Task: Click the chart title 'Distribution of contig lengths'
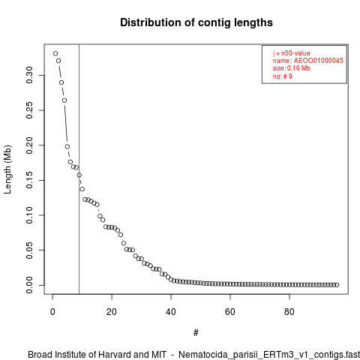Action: (196, 22)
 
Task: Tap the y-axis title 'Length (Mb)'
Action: (7, 169)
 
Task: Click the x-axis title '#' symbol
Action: (196, 333)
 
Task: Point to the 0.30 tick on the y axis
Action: (29, 75)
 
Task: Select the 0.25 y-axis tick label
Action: (29, 110)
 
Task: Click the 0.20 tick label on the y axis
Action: (29, 145)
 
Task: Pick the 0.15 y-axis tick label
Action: (29, 180)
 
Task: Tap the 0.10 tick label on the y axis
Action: (29, 215)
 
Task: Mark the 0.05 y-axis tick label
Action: (29, 250)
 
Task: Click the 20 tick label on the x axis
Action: (112, 312)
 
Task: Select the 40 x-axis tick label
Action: (171, 312)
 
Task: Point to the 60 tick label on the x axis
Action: (230, 312)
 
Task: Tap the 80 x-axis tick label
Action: (289, 312)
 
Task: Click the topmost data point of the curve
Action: (55, 53)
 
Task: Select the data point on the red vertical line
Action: (79, 175)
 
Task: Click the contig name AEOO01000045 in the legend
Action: (319, 61)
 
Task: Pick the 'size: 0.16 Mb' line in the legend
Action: (292, 68)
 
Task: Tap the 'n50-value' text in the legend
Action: (295, 53)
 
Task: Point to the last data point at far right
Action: (337, 285)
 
